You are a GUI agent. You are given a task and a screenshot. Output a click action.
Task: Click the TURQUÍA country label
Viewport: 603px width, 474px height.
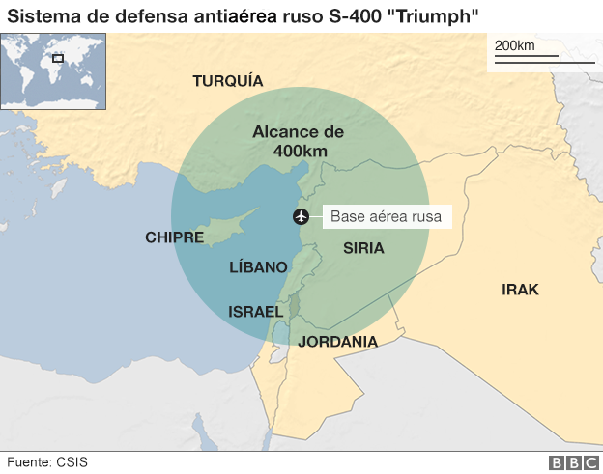228,81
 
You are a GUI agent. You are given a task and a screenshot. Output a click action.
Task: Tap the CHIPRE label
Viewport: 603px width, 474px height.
174,237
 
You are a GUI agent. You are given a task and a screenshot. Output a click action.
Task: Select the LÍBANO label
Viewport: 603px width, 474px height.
258,267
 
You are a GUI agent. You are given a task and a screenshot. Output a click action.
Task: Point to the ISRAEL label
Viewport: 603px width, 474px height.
254,312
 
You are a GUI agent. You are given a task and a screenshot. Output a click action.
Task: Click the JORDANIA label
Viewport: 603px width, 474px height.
337,342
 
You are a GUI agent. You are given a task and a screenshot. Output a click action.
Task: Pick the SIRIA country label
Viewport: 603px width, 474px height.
363,248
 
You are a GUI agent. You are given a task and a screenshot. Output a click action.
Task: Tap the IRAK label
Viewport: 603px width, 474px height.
520,290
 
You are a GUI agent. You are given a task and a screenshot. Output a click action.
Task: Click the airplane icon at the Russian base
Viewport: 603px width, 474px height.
301,216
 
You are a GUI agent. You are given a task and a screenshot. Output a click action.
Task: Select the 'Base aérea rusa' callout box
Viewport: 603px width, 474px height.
386,217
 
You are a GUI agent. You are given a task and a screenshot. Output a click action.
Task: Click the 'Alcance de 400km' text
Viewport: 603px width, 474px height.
298,142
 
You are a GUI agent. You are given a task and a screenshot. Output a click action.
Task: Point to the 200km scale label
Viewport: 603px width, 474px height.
514,46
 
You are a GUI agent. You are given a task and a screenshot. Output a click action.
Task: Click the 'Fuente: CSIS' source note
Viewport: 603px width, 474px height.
45,461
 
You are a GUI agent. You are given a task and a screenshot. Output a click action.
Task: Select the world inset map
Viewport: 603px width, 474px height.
53,70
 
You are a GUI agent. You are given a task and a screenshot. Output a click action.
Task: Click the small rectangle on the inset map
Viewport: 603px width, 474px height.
58,58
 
